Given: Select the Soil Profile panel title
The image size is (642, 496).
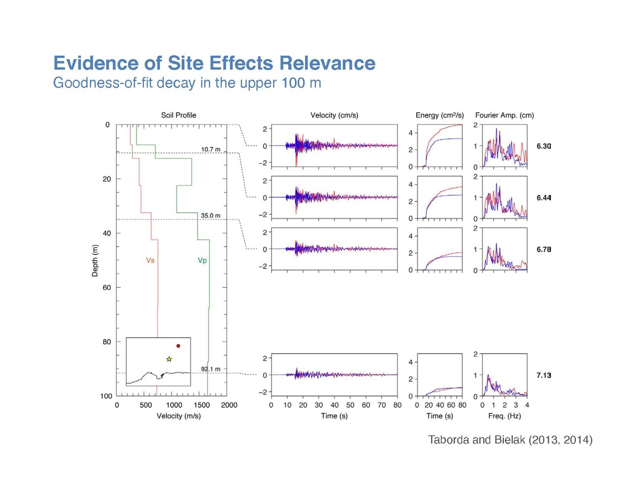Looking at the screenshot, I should tap(178, 115).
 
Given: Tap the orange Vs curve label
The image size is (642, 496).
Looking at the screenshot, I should tap(150, 260).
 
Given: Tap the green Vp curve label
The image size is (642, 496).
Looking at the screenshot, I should tap(202, 260).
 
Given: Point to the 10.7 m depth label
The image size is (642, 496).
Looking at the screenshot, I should tap(211, 150).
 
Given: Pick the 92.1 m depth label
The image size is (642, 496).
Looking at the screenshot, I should tap(211, 369).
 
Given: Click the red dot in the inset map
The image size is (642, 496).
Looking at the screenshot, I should tap(178, 346).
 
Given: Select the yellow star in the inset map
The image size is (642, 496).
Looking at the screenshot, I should tap(169, 359).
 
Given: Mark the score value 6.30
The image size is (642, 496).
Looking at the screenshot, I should tap(544, 146).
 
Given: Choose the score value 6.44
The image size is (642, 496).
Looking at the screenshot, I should tap(544, 198).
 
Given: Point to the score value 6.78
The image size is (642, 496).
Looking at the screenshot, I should tap(544, 249).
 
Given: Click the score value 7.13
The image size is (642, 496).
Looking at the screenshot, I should tap(544, 375).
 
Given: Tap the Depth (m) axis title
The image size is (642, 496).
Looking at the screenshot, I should tap(95, 260).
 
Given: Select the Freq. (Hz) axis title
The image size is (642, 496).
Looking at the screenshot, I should tap(504, 416).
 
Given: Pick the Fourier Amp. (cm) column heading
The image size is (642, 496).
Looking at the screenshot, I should tap(504, 115).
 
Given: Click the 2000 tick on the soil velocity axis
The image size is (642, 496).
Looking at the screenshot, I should tap(229, 405).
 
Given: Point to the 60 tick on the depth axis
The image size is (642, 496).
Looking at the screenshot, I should tap(106, 287).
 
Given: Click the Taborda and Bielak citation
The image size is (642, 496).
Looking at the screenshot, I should tap(510, 440).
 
